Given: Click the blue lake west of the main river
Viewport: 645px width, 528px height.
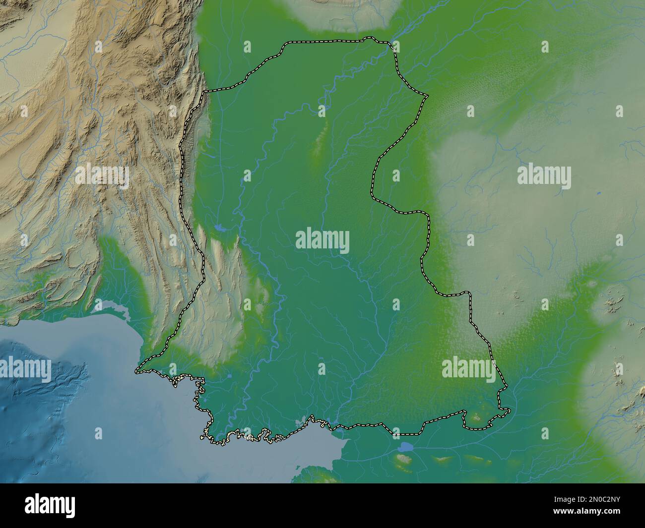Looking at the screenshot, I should [x=219, y=229].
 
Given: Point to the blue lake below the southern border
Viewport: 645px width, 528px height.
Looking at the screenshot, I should [x=405, y=447].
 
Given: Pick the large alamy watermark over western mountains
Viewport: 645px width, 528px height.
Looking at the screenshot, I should [x=102, y=176].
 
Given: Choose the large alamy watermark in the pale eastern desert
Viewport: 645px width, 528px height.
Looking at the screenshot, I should [x=544, y=176].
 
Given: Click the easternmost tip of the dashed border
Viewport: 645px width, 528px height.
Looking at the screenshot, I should [x=509, y=410].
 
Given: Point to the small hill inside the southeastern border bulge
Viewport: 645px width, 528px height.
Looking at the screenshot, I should [x=475, y=417].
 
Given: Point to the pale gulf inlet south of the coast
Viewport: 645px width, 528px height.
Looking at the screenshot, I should [x=318, y=446].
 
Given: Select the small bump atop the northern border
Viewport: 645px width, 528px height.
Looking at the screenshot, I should [x=368, y=38].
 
